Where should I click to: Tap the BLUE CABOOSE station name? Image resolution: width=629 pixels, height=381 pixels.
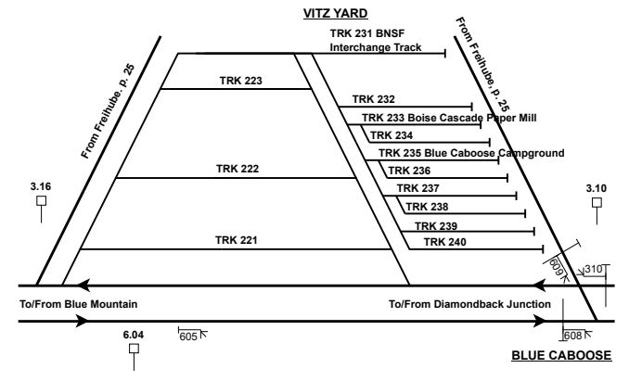(x=561, y=355)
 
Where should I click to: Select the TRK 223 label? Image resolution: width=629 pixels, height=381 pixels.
(x=241, y=81)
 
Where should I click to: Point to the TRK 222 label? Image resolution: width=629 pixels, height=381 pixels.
(x=237, y=169)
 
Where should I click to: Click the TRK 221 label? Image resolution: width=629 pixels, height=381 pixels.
(x=237, y=239)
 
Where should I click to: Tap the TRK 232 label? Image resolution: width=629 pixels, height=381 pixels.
(x=373, y=98)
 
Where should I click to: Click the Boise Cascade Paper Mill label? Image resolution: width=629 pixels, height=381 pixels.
(x=449, y=118)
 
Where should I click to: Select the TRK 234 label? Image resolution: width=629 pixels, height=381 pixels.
(x=391, y=135)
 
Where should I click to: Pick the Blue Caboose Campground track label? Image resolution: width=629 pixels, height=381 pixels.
(x=471, y=153)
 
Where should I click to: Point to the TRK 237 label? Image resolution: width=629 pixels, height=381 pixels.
(x=417, y=188)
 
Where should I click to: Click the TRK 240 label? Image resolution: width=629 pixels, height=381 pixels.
(x=444, y=242)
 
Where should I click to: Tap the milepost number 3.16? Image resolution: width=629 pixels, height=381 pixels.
(x=40, y=187)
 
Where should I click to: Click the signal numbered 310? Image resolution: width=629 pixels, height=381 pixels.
(x=594, y=269)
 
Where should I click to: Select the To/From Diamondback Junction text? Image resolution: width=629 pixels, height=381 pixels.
(x=470, y=303)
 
